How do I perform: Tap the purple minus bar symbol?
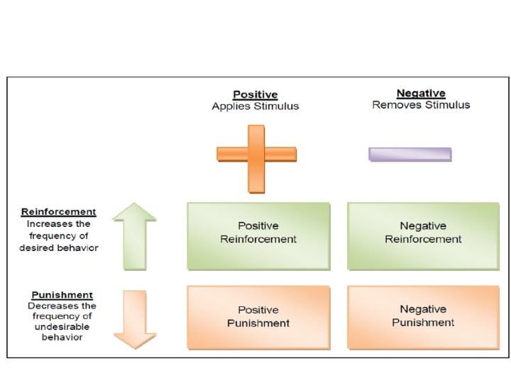click(x=410, y=154)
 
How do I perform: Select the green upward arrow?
click(x=135, y=235)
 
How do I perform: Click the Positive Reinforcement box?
click(x=258, y=235)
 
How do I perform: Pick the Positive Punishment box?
click(x=258, y=316)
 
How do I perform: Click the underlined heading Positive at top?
click(x=255, y=94)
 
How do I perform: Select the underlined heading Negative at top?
click(x=421, y=93)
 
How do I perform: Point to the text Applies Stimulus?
click(x=255, y=106)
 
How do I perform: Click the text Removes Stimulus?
click(x=421, y=105)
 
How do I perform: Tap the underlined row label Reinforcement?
click(x=59, y=211)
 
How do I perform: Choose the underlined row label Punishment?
click(x=62, y=295)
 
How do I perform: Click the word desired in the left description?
click(x=37, y=248)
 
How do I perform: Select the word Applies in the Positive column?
click(x=229, y=106)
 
